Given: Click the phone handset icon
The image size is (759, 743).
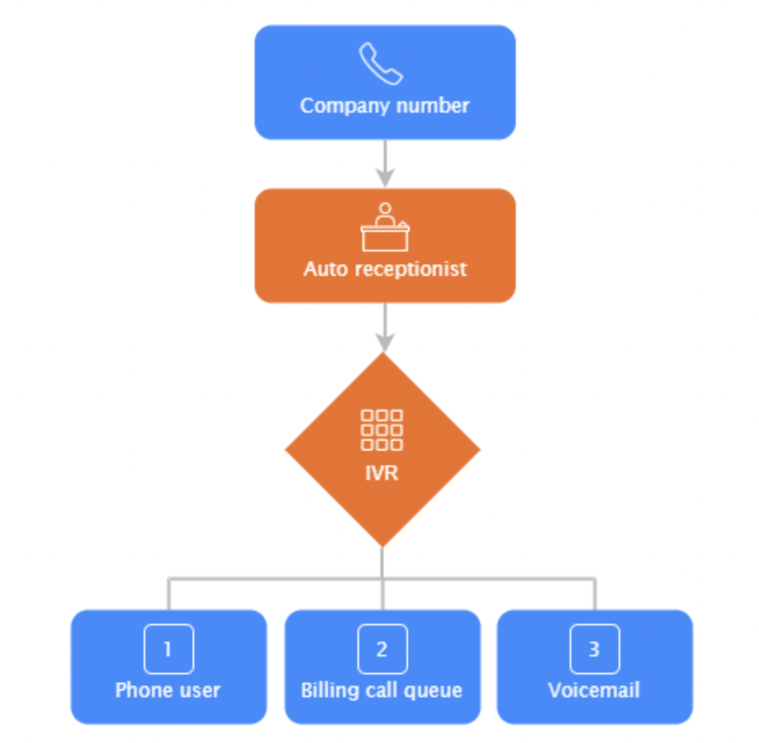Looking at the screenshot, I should (381, 65).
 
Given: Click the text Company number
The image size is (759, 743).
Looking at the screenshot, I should (384, 105).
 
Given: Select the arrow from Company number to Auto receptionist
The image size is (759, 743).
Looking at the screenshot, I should (384, 163).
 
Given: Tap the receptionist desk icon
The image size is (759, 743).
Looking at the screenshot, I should (384, 228).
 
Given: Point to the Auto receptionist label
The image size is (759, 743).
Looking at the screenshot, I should (385, 269).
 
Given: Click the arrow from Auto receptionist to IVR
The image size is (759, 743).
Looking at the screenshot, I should (384, 327).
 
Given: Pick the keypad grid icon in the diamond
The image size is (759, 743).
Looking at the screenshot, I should (382, 429).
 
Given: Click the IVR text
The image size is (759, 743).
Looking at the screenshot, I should (382, 473).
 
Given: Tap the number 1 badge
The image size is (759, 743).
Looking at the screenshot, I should (168, 649).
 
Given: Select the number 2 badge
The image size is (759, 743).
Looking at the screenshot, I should (382, 649).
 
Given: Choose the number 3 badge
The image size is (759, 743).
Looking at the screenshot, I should (594, 649).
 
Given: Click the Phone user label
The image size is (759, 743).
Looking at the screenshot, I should (168, 690).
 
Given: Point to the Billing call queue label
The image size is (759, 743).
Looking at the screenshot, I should (382, 690).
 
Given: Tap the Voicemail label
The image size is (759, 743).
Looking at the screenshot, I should (594, 690).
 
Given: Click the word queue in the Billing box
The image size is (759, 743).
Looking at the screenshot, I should (436, 691).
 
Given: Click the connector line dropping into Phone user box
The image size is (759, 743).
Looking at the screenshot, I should (169, 594).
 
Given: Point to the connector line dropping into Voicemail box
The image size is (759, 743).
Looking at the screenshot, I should (595, 594).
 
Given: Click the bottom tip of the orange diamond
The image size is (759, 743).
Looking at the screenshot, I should (382, 545).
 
